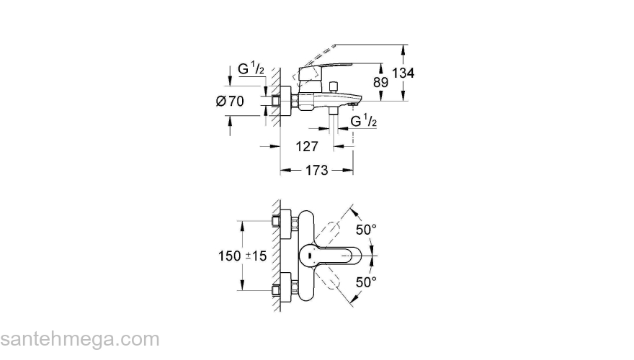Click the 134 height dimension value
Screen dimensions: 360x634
pos(403,73)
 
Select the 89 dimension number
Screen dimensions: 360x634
pos(380,82)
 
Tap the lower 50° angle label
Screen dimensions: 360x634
pos(367,282)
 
